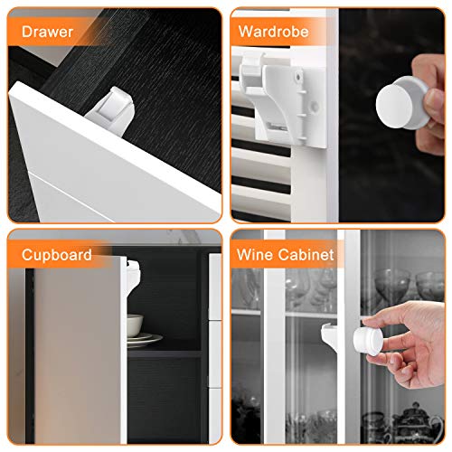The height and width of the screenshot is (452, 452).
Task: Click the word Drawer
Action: click(x=47, y=32)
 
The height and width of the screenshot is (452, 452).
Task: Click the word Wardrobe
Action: click(x=273, y=32)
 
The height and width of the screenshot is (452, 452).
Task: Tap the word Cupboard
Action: click(x=57, y=255)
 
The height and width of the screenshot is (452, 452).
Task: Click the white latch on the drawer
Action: click(x=111, y=111)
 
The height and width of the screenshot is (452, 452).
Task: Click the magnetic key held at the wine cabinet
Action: click(x=368, y=342)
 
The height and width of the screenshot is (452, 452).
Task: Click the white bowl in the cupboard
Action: click(x=135, y=325)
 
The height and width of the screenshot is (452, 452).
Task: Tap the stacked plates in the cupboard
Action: click(x=144, y=339)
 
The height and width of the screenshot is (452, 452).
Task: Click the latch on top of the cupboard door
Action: click(x=133, y=278)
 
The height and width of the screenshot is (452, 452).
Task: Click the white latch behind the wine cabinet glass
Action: click(x=329, y=334)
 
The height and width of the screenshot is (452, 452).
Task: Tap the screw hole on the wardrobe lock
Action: click(x=298, y=77)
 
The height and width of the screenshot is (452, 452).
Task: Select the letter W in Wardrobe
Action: click(x=247, y=32)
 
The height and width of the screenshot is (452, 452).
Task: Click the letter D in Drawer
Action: click(x=27, y=32)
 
